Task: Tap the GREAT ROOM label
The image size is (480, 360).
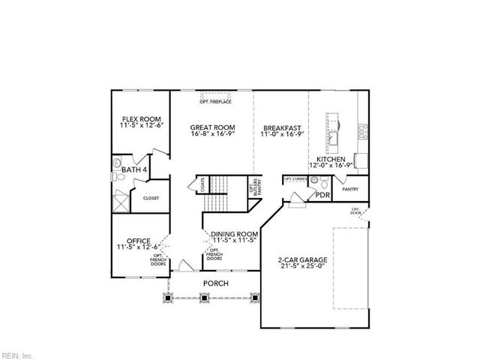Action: (x=211, y=127)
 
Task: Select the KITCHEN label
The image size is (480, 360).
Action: (x=330, y=160)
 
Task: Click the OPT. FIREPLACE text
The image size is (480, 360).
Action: (x=215, y=101)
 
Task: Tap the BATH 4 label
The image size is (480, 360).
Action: (x=134, y=170)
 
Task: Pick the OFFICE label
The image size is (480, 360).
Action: (x=139, y=241)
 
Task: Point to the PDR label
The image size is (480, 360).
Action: (x=322, y=195)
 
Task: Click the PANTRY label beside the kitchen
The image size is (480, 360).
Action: (x=350, y=189)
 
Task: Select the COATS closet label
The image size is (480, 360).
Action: (x=202, y=185)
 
